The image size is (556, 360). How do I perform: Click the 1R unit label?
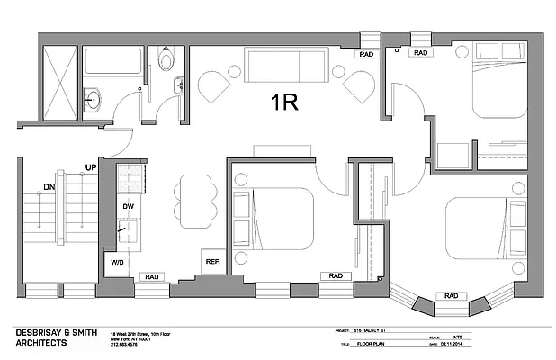[x=285, y=101]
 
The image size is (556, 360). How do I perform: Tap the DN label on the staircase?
[x=50, y=187]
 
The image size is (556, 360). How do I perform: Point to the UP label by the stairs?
[x=91, y=168]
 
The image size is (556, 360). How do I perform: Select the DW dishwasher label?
[x=128, y=207]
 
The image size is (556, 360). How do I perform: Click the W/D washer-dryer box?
[x=118, y=263]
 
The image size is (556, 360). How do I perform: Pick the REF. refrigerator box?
[x=213, y=261]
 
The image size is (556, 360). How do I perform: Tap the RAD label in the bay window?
[x=452, y=295]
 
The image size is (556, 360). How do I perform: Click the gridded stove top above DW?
[x=129, y=175]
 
